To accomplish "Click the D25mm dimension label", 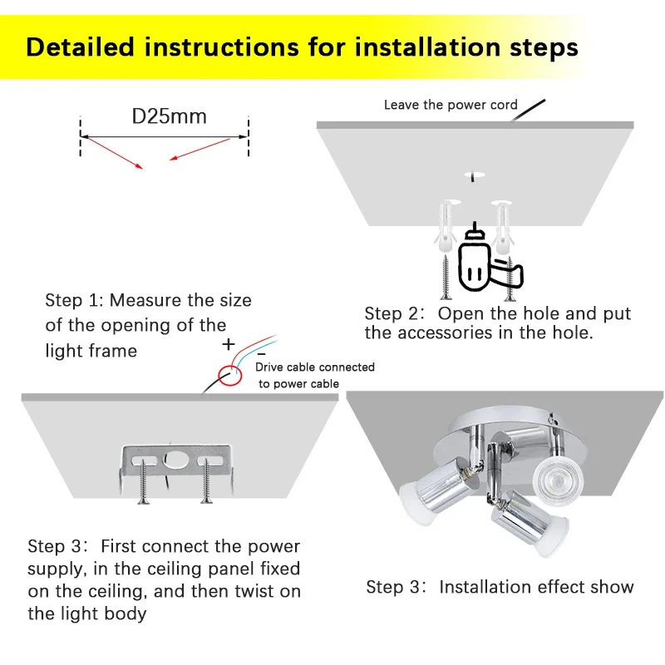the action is pos(170,116).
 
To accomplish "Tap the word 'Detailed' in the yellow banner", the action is pos(80,47).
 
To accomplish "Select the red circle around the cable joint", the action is pos(230,376).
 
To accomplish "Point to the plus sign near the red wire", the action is pos(229,344).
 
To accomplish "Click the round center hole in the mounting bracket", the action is pos(175,460).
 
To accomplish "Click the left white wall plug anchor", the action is pos(446,226).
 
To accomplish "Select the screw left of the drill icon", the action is pos(446,277).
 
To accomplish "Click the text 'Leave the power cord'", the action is pos(451,105).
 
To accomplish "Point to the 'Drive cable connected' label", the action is pos(315,367).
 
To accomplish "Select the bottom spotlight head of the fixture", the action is pos(527,523).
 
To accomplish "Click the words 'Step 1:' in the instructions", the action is pos(74,300).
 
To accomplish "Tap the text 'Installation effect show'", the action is pos(536,587).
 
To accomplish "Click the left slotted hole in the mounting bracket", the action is pos(144,461).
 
